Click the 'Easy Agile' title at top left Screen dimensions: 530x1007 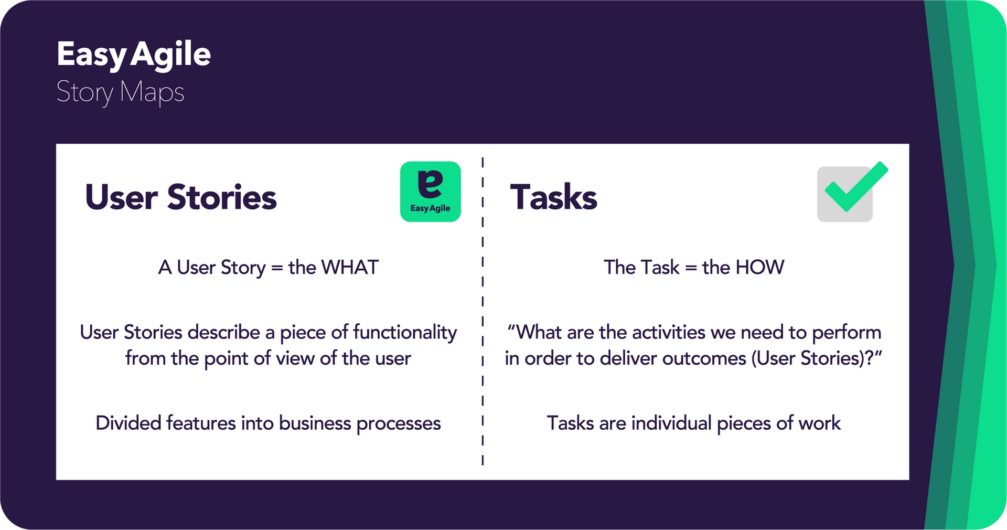pos(133,55)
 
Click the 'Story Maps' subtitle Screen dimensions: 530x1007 pos(120,92)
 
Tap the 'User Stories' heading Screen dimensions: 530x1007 pos(180,197)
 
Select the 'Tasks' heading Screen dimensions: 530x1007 pos(553,197)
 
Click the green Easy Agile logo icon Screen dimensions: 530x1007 pos(430,192)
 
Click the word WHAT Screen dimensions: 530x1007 pos(350,268)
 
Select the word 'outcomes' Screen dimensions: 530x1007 pos(704,358)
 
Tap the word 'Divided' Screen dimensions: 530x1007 pos(128,423)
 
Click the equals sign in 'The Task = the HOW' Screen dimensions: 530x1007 pos(691,268)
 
